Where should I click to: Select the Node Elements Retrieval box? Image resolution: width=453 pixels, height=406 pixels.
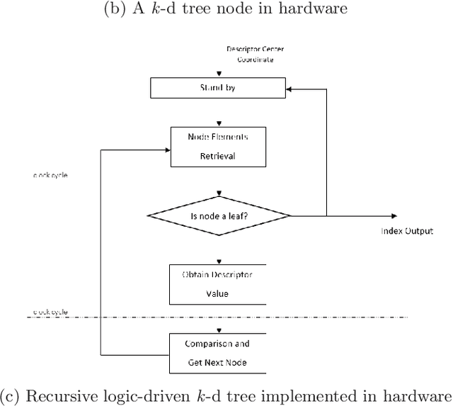click(x=219, y=147)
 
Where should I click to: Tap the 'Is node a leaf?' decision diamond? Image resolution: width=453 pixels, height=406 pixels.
click(x=219, y=216)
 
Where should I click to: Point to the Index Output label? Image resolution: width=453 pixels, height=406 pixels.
click(x=407, y=231)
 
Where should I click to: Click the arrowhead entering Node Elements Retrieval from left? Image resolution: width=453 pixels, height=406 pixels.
click(x=167, y=149)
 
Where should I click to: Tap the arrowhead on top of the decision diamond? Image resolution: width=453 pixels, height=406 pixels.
click(x=219, y=193)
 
